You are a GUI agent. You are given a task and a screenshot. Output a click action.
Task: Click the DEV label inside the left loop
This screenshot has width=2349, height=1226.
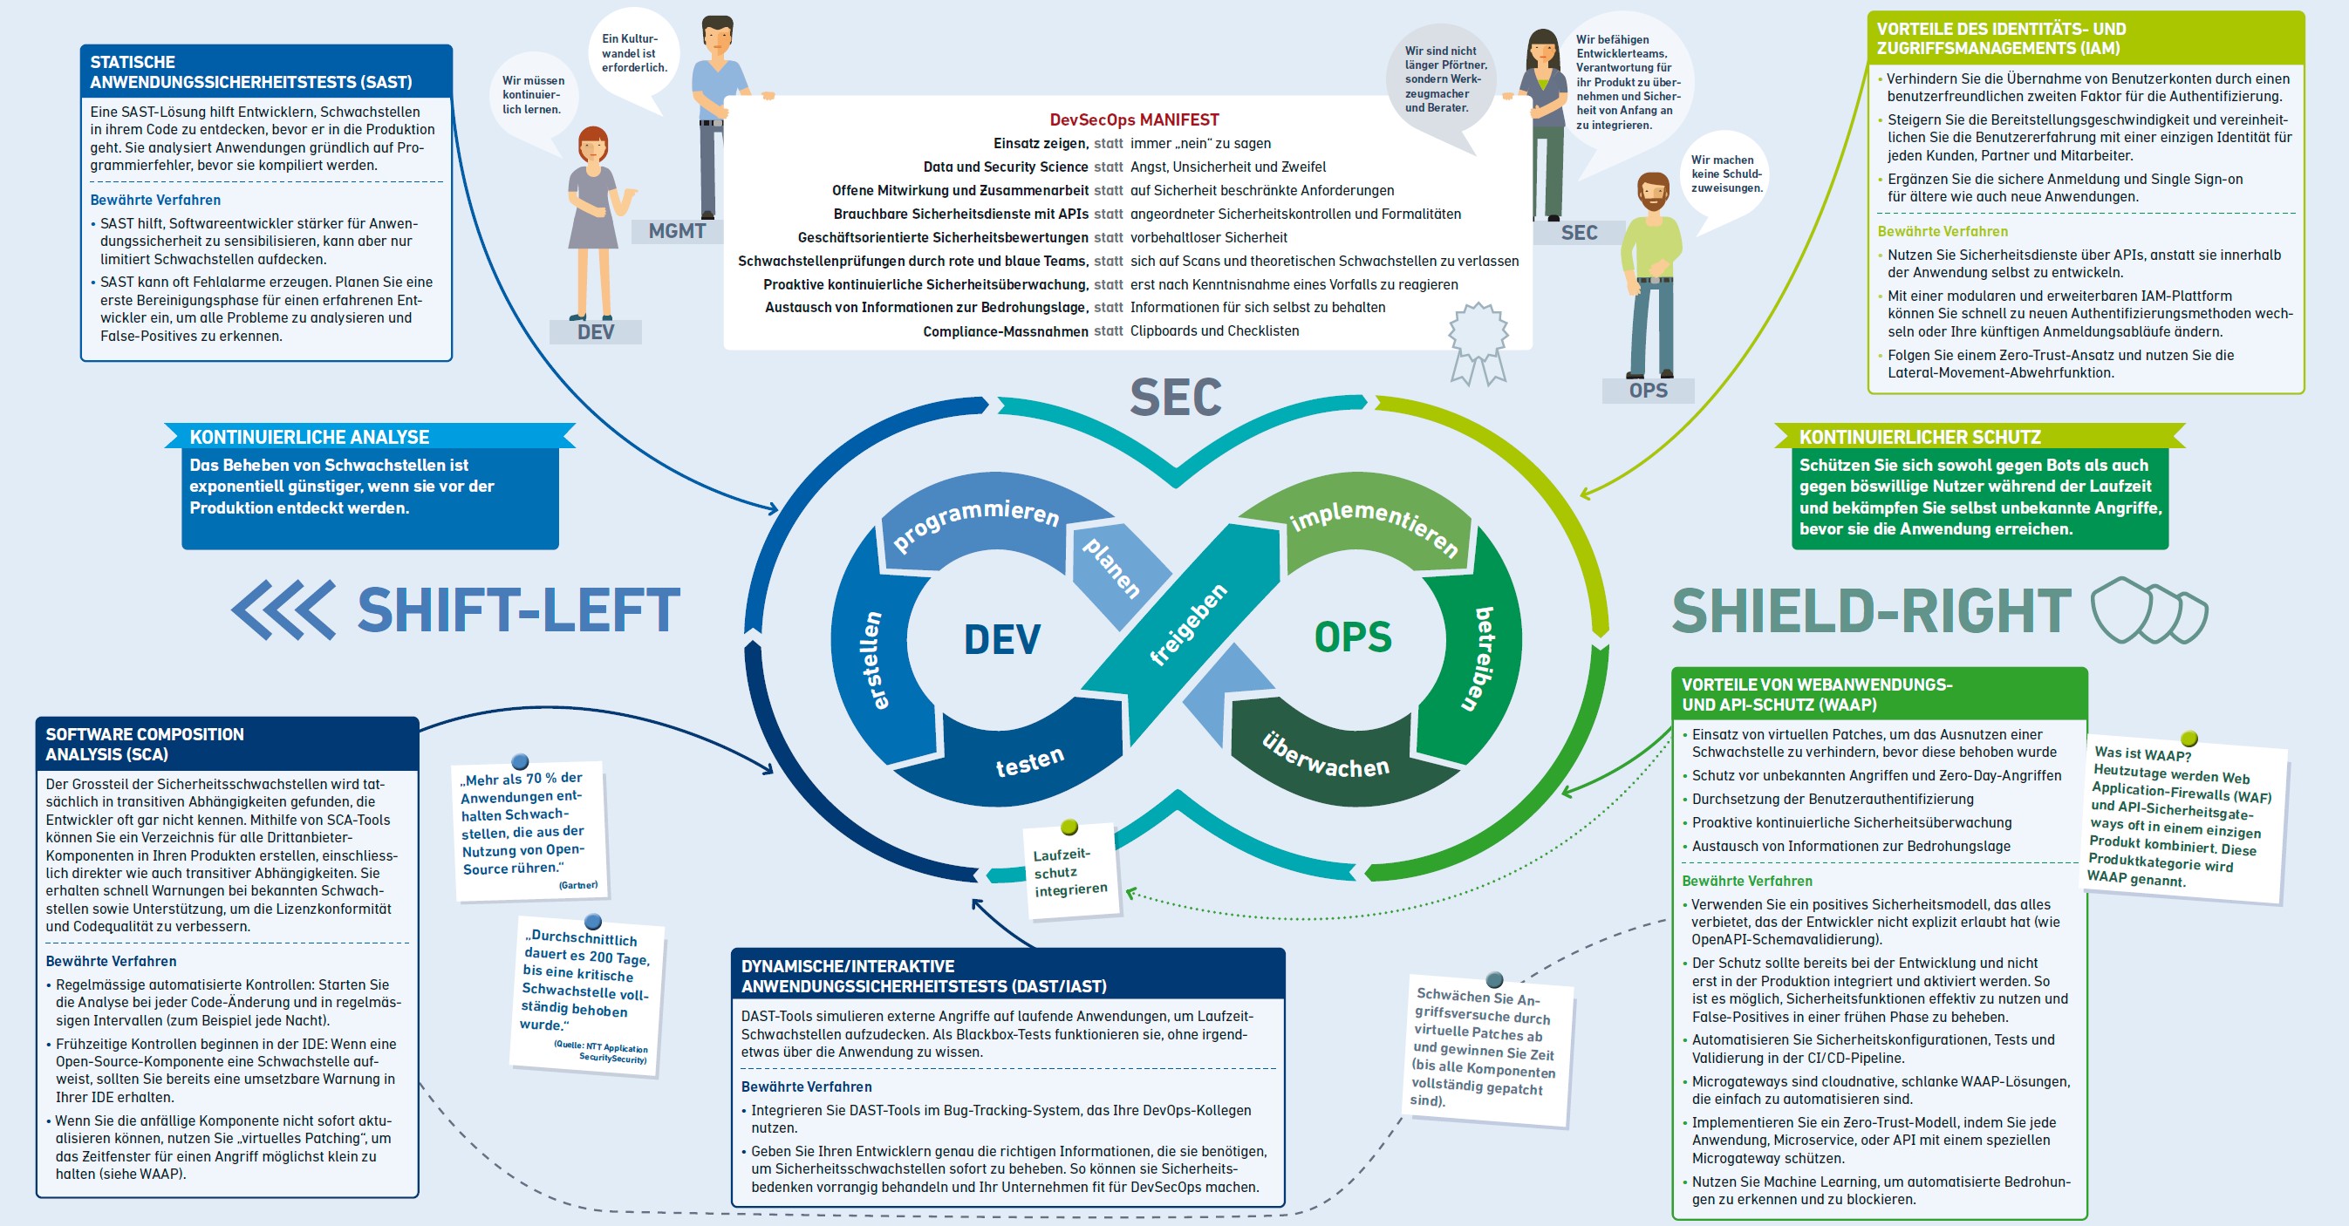1001,639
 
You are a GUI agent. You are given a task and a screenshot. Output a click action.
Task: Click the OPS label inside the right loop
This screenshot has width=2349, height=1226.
1353,637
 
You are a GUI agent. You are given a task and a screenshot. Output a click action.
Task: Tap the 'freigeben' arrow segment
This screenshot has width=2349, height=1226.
1186,626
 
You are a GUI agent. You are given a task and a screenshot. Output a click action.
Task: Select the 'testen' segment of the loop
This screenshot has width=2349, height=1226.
1029,761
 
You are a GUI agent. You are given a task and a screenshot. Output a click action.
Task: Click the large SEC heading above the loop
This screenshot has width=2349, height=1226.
1176,398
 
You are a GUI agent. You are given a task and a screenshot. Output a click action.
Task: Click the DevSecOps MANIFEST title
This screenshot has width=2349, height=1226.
1133,119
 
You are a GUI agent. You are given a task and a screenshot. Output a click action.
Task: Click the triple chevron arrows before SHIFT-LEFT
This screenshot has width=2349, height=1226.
283,609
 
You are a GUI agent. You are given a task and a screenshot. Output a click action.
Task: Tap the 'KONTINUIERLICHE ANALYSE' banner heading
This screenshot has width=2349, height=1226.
310,437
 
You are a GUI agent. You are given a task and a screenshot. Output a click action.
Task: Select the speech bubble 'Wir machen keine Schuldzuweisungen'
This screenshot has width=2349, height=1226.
1726,174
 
